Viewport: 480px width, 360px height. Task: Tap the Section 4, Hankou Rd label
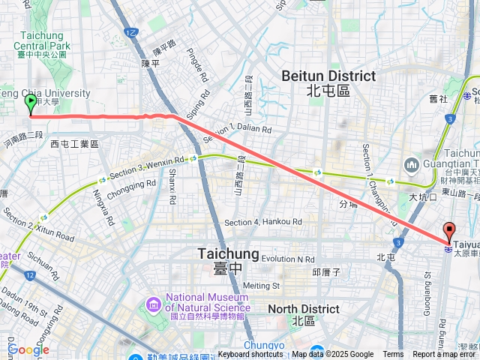262,222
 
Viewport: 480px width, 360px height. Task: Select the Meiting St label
261,285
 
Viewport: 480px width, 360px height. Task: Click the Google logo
28,349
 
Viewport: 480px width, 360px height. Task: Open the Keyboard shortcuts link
251,355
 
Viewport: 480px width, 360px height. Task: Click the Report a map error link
445,355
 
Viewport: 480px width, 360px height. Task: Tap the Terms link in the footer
393,355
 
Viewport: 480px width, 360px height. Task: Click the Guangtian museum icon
410,164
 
